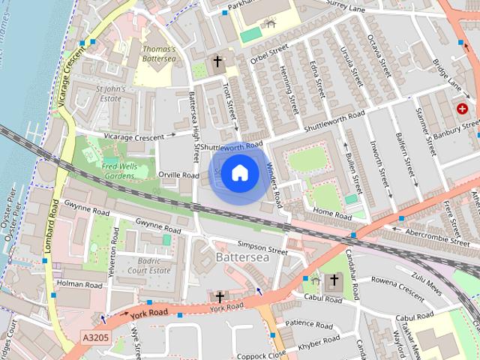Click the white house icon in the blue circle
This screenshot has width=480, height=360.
[239, 173]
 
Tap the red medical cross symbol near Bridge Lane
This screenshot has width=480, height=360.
[462, 109]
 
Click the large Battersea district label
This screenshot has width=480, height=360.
[241, 256]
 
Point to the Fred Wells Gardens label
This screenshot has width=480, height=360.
[125, 169]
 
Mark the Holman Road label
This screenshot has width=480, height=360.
[80, 285]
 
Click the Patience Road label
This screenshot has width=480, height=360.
[308, 325]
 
